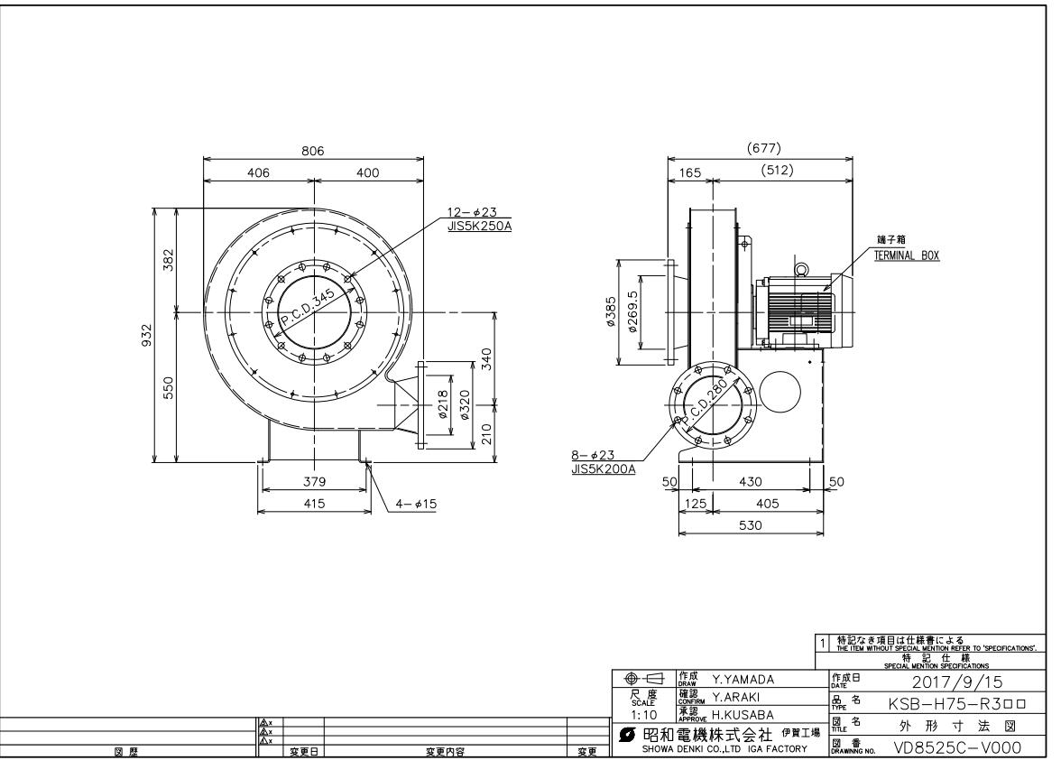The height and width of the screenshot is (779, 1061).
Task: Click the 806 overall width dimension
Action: click(313, 152)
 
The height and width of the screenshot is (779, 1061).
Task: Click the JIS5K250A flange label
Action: click(479, 227)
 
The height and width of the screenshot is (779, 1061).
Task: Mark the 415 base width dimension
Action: click(313, 504)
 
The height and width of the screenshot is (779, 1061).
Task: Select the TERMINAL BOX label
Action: click(907, 255)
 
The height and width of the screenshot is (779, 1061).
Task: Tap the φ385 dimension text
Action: click(612, 313)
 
